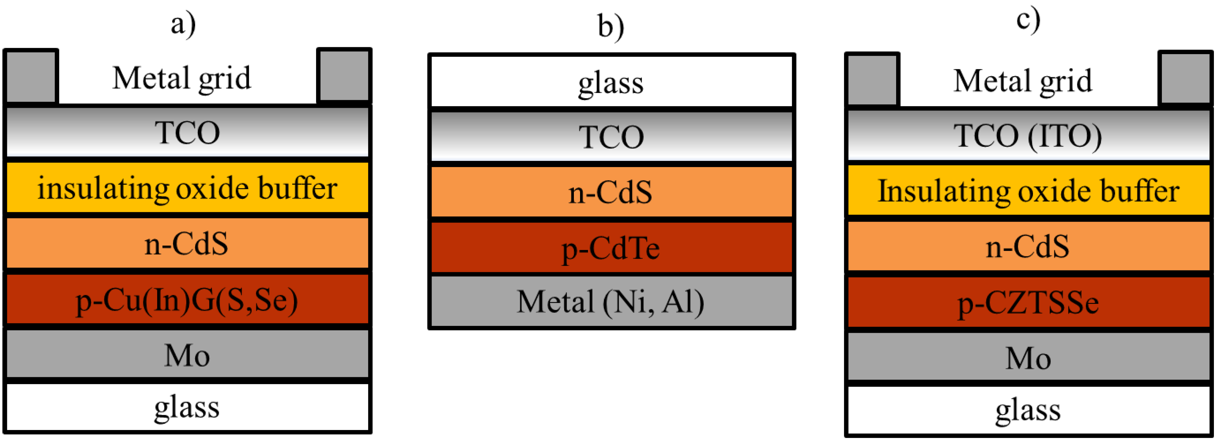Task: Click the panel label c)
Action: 1028,20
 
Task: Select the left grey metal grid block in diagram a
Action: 31,75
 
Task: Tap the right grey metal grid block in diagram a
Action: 344,75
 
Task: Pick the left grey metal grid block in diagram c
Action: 872,79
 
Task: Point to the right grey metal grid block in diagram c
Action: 1185,78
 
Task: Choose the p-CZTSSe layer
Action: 1028,302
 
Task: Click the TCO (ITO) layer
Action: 1028,135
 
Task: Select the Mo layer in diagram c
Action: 1028,357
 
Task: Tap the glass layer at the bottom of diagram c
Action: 1028,410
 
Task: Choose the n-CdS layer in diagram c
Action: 1028,246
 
